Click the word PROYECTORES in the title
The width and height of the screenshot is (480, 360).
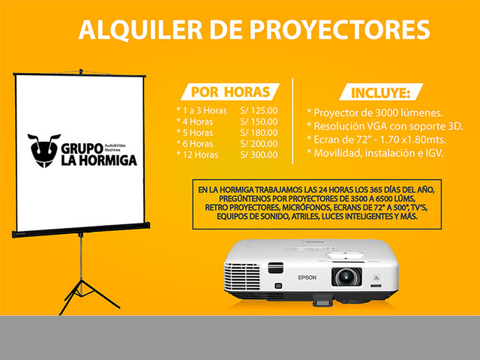click(340, 30)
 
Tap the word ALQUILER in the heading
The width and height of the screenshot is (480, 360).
click(140, 30)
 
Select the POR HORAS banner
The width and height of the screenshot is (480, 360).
click(230, 91)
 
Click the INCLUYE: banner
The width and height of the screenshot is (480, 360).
click(381, 92)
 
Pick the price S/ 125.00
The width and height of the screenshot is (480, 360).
click(259, 110)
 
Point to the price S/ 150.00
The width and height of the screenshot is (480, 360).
click(259, 121)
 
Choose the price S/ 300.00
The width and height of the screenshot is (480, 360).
click(259, 154)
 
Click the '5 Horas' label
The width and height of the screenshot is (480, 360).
click(198, 133)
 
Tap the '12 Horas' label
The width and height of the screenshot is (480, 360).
click(200, 154)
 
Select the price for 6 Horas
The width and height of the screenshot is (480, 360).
click(259, 143)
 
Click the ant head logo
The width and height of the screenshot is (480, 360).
click(43, 150)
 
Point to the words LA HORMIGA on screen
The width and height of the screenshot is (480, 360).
click(99, 160)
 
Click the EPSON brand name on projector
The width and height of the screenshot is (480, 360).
click(307, 277)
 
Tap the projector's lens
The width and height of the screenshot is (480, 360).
click(346, 277)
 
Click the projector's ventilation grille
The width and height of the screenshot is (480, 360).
click(241, 277)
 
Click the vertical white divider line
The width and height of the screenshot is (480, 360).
click(292, 121)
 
